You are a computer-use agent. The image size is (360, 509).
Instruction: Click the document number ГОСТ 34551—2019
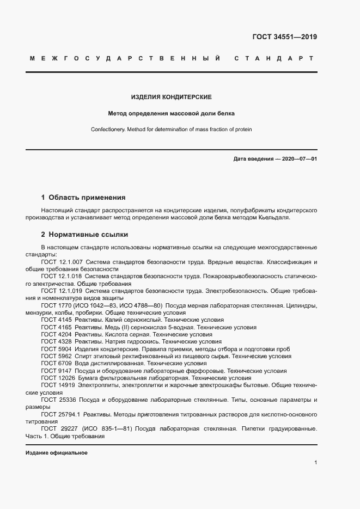point(284,38)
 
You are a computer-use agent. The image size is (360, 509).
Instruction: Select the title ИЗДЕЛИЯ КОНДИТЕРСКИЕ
point(172,97)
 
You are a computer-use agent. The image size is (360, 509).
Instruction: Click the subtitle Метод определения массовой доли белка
point(172,114)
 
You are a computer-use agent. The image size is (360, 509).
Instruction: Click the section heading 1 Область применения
point(83,198)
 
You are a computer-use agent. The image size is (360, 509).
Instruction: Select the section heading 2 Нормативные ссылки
point(84,235)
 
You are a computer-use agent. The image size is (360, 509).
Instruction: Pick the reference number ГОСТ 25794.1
point(60,414)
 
